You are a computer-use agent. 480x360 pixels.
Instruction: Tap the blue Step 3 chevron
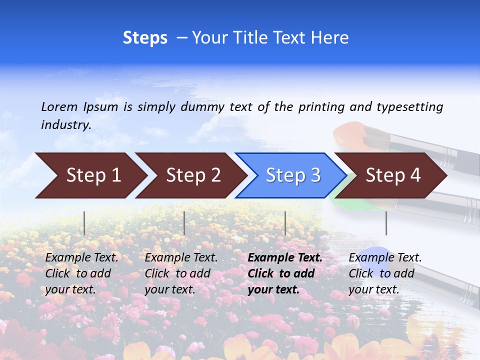pyautogui.click(x=292, y=175)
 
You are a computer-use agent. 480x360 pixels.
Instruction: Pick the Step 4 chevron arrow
pyautogui.click(x=392, y=175)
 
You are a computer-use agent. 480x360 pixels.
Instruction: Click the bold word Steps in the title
pyautogui.click(x=145, y=38)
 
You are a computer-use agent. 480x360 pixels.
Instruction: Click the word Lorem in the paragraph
pyautogui.click(x=59, y=106)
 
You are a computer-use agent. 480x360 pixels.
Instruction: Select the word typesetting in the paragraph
pyautogui.click(x=409, y=106)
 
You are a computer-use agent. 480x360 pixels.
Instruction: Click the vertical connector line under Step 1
pyautogui.click(x=84, y=223)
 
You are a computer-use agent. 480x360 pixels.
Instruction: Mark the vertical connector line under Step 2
pyautogui.click(x=184, y=223)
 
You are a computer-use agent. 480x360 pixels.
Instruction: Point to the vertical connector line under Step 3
pyautogui.click(x=285, y=223)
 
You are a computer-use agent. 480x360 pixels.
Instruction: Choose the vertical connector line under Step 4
pyautogui.click(x=386, y=223)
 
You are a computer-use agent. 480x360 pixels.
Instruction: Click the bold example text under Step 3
pyautogui.click(x=285, y=273)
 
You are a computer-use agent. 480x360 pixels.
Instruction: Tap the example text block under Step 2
pyautogui.click(x=181, y=273)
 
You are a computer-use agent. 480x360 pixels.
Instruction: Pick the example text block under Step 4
pyautogui.click(x=385, y=273)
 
